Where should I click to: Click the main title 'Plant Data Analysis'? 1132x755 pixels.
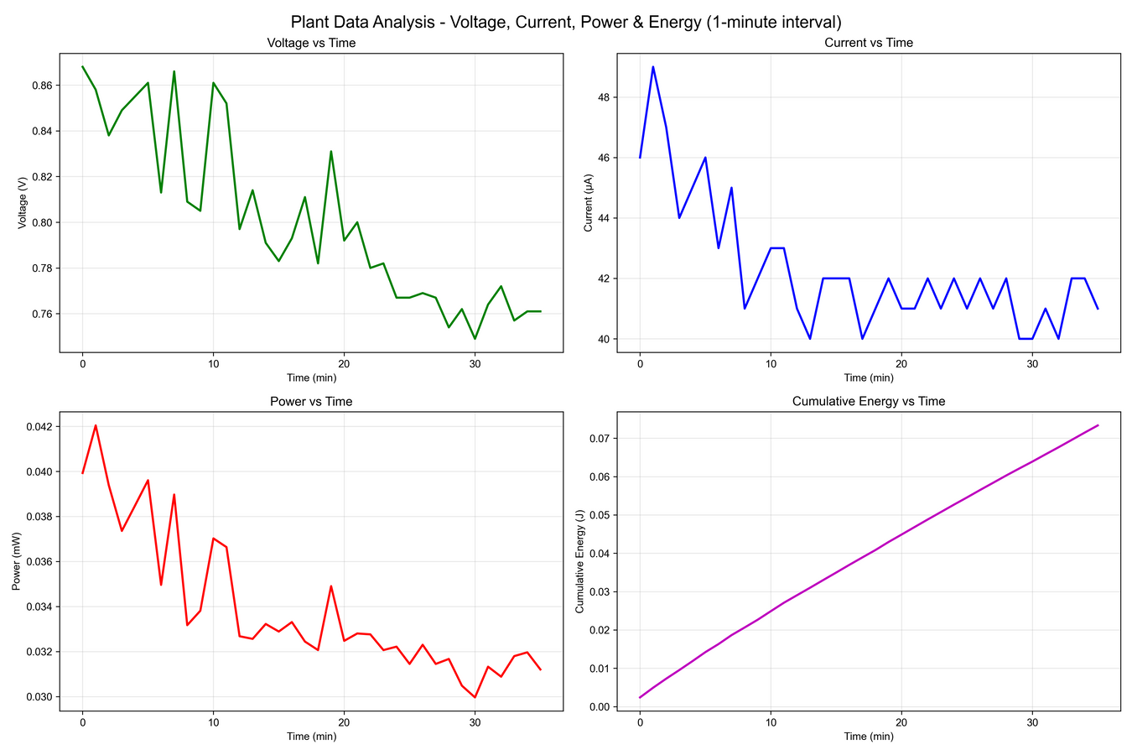pos(566,22)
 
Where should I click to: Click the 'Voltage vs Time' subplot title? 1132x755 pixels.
pos(311,43)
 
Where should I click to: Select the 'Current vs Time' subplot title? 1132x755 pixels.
pos(869,43)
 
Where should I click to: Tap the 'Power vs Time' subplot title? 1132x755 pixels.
pos(311,402)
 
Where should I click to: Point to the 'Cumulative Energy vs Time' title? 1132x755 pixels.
pos(869,402)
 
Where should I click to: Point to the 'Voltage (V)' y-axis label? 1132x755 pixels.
pos(22,202)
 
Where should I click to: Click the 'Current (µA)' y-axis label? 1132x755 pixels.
pos(588,202)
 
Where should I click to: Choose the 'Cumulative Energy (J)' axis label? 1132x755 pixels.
pos(579,561)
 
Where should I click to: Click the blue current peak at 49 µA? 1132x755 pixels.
pos(653,67)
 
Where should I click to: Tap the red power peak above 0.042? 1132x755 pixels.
pos(96,425)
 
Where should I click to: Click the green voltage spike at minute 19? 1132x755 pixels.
pos(331,152)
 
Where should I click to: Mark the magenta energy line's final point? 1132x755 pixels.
pos(1098,425)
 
